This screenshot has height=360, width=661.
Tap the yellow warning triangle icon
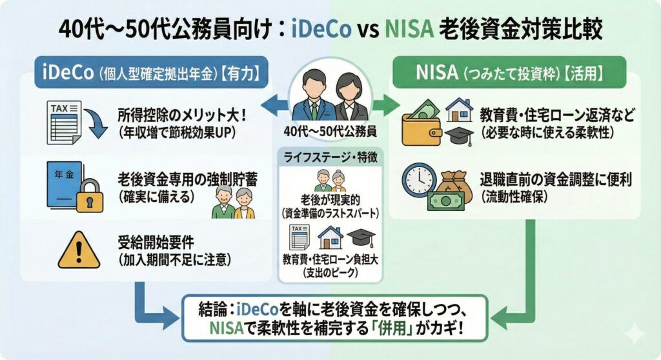79,250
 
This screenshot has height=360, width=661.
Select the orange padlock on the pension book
90,196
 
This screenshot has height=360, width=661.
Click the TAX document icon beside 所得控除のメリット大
64,122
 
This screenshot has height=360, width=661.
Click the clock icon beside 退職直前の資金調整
418,181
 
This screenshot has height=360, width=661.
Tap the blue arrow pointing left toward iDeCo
274,105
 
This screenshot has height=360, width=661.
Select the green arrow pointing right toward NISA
386,105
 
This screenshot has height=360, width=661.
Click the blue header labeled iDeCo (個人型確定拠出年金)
151,72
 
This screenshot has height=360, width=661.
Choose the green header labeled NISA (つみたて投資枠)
509,72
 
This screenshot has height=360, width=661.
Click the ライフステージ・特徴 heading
330,157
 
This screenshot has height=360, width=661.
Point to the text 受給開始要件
156,243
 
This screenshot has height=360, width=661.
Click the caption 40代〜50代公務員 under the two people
330,132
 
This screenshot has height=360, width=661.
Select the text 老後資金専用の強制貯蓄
188,180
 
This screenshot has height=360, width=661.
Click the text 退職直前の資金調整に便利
556,179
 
